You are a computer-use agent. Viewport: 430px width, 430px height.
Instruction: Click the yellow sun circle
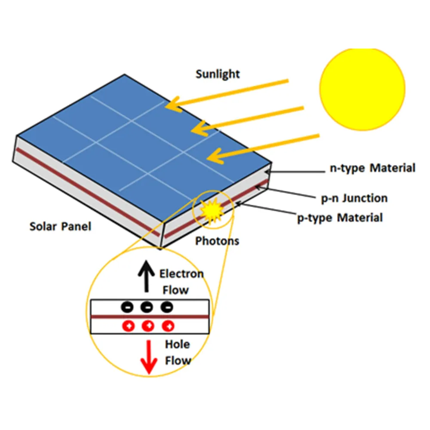pyautogui.click(x=362, y=89)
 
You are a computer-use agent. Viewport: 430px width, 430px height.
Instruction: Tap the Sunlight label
pyautogui.click(x=218, y=74)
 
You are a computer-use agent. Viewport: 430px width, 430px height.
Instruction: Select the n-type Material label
pyautogui.click(x=372, y=168)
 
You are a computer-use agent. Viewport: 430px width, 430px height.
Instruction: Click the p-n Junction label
pyautogui.click(x=354, y=198)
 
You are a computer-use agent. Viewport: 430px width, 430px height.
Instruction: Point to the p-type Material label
pyautogui.click(x=340, y=218)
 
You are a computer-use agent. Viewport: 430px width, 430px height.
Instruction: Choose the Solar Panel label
pyautogui.click(x=60, y=227)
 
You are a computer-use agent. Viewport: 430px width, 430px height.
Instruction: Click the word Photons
pyautogui.click(x=217, y=241)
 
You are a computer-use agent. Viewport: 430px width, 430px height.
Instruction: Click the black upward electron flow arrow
pyautogui.click(x=146, y=276)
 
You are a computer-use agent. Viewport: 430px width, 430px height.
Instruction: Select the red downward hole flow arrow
pyautogui.click(x=149, y=357)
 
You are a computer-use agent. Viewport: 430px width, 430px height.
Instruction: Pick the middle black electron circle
pyautogui.click(x=147, y=307)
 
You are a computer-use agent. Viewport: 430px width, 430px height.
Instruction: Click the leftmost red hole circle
pyautogui.click(x=128, y=326)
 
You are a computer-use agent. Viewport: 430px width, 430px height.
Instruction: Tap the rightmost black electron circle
pyautogui.click(x=167, y=307)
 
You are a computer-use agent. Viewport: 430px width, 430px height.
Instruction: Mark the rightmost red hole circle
pyautogui.click(x=168, y=326)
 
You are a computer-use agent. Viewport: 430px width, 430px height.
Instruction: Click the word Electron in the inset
pyautogui.click(x=181, y=273)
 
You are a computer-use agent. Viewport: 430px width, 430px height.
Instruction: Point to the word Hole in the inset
pyautogui.click(x=178, y=344)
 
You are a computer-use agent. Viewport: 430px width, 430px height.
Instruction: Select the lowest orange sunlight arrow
pyautogui.click(x=263, y=149)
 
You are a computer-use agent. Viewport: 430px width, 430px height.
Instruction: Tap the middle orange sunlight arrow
pyautogui.click(x=248, y=122)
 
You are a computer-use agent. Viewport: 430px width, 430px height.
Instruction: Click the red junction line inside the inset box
pyautogui.click(x=150, y=317)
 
